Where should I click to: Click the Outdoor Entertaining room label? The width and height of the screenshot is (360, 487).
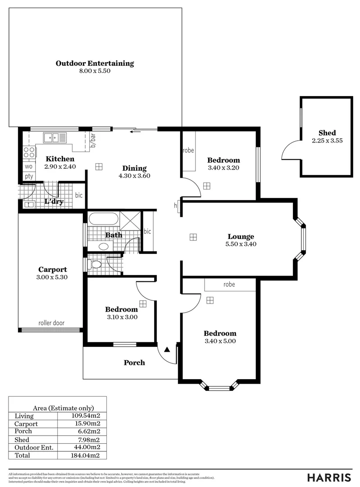point(95,63)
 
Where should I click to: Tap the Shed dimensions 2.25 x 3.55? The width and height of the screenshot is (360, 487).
point(327,141)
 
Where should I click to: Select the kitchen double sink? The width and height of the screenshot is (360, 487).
point(55,138)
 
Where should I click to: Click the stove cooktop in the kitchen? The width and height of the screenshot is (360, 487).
point(29,152)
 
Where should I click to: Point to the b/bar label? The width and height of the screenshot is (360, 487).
point(93,141)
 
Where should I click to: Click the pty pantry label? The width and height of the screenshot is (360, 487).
point(29,176)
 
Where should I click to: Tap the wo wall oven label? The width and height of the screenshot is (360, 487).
point(29,166)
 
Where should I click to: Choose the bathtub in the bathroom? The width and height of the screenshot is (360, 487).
point(103,219)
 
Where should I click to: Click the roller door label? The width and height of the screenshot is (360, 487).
point(51,323)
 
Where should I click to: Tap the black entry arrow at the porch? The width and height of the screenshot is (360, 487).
point(167,349)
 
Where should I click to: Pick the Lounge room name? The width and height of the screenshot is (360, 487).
point(241,236)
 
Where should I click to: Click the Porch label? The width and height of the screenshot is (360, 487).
point(134,363)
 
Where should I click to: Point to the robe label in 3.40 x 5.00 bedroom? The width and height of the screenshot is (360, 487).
point(229,285)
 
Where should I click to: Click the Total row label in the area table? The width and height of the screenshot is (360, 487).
point(23,455)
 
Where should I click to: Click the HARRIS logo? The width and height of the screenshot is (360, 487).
point(329,478)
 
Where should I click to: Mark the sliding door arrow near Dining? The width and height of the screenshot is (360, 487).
point(134,132)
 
